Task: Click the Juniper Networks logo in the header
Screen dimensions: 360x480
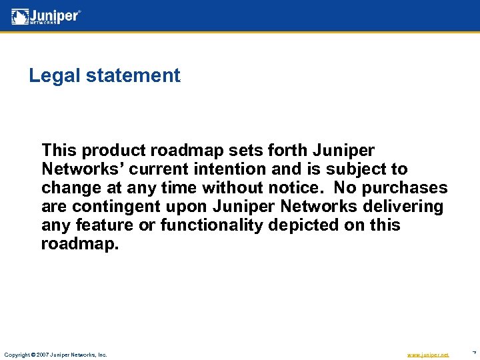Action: pos(46,16)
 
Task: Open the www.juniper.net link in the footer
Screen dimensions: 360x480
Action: pos(427,355)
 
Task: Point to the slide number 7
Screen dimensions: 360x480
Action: pos(473,353)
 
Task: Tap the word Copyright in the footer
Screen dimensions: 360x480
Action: pos(17,355)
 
